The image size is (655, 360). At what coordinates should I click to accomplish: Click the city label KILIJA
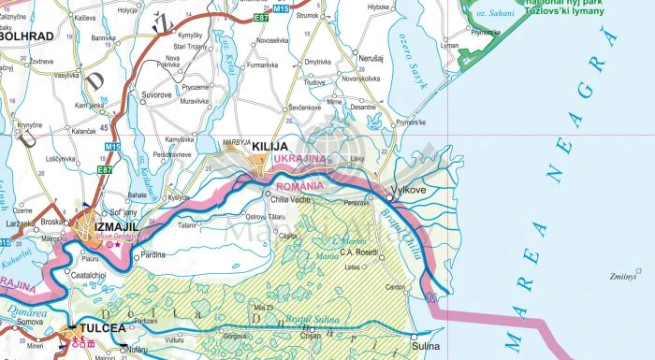coord(269,148)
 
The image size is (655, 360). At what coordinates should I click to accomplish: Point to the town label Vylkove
coord(408,190)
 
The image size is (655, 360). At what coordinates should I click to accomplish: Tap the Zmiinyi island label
coord(622,277)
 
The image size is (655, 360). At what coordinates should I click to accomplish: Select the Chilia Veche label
coord(289,199)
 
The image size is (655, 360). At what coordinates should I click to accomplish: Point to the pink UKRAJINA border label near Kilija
coord(299,160)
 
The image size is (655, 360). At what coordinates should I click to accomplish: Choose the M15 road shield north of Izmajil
coord(111,147)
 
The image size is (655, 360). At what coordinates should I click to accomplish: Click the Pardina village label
coord(152,255)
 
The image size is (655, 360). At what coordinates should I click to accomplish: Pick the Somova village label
coord(30,322)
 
